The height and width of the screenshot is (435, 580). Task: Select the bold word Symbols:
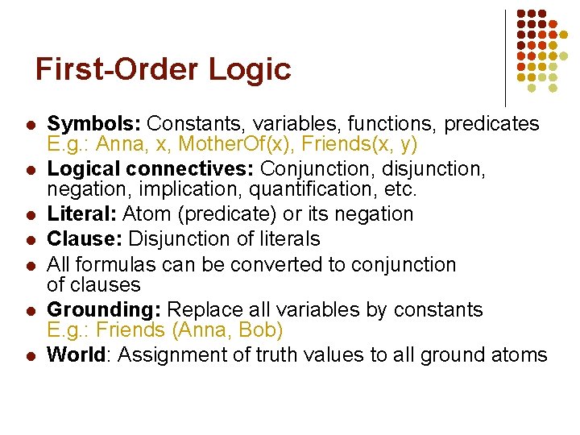94,124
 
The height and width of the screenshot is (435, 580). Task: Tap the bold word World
77,355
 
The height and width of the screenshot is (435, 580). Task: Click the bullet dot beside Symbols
28,126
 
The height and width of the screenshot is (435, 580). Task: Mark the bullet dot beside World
28,356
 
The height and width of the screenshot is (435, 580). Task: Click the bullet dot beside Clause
28,240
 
